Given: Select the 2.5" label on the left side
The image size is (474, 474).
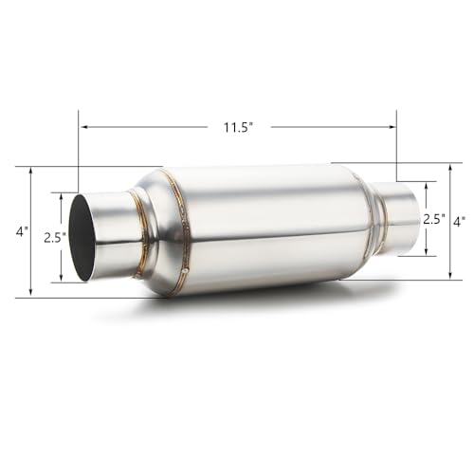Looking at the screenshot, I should click(x=53, y=238).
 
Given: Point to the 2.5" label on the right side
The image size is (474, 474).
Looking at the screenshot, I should click(x=433, y=218).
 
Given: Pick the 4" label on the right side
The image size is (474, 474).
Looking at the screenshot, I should click(x=458, y=221).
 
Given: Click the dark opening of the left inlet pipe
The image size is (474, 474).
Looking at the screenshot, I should click(x=83, y=238).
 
